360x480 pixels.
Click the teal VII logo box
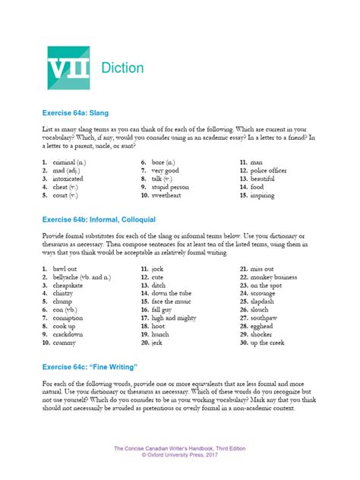(x=68, y=68)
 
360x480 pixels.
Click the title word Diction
(x=121, y=68)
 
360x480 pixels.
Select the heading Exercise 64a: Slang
(x=76, y=112)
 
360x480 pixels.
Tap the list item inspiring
(x=267, y=195)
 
